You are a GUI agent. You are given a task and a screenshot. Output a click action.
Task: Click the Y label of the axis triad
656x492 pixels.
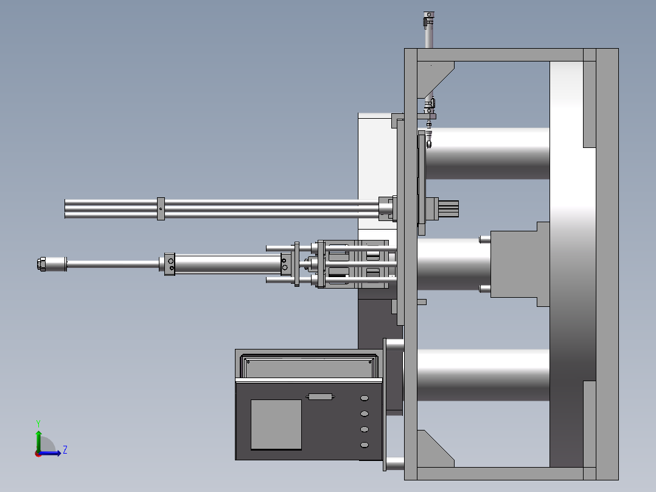(x=38, y=423)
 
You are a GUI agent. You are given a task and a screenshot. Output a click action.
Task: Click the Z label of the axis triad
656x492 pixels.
(x=65, y=450)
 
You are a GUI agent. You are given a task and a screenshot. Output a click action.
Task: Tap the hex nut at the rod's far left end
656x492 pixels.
(x=41, y=264)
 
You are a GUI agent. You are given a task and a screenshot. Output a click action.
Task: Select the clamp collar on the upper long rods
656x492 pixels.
(x=161, y=208)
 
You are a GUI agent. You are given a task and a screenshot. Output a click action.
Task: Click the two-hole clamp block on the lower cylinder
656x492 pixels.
(x=169, y=264)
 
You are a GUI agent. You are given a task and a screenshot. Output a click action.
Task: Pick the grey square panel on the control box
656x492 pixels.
(x=276, y=424)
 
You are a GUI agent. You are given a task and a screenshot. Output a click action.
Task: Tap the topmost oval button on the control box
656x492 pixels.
(x=365, y=398)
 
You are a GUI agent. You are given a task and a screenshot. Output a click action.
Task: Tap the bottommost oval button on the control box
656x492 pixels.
(x=365, y=445)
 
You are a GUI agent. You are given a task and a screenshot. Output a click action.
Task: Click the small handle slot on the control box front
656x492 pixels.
(x=321, y=396)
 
